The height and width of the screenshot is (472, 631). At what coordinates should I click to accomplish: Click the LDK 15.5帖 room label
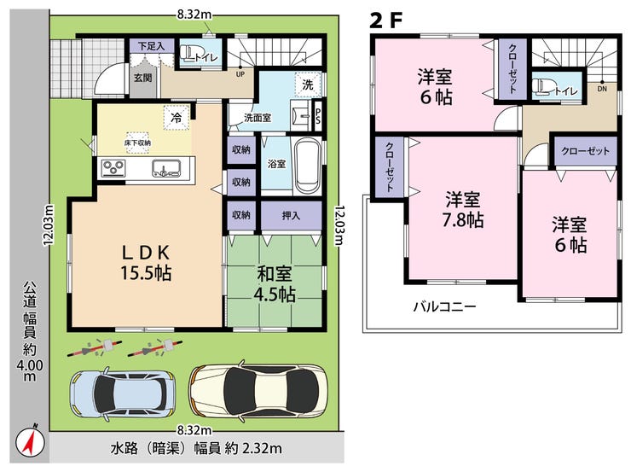coord(146,263)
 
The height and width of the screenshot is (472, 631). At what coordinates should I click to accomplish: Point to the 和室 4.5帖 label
coord(275,285)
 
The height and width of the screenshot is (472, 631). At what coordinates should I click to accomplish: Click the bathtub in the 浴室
coord(309,166)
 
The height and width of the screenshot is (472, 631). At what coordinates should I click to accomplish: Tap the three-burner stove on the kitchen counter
coord(113,168)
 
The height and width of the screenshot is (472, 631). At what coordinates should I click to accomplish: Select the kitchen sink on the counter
coord(167,168)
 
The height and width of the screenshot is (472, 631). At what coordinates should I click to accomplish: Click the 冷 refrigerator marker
coord(177,118)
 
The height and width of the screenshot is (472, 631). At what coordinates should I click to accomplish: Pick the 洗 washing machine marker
coord(308,84)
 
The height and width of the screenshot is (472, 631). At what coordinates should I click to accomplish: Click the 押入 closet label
coord(291,216)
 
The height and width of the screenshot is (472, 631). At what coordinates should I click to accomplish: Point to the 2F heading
coord(386,20)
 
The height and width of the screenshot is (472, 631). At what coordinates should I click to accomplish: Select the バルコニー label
coord(444,307)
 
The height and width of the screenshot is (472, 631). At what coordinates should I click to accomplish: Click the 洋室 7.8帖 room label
coord(463,210)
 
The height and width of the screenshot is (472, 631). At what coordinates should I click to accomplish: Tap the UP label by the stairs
coord(240,74)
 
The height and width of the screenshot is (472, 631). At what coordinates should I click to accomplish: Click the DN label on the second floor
coord(602,89)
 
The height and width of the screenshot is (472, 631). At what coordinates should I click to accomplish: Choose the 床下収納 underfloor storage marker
coord(137,143)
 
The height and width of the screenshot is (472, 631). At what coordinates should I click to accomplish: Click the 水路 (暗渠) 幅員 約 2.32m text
coord(196,449)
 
